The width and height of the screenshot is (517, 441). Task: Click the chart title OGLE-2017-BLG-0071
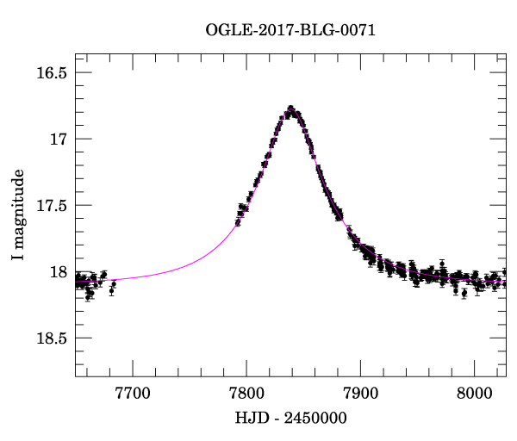(x=290, y=30)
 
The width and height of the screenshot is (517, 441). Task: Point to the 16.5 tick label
(x=51, y=72)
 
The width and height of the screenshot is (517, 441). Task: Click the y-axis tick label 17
(x=59, y=139)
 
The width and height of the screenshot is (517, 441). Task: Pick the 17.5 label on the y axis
(x=51, y=206)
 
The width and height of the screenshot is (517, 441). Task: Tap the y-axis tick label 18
(x=59, y=272)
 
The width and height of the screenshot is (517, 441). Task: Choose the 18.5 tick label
(x=51, y=339)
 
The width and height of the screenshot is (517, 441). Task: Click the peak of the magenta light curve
(x=291, y=109)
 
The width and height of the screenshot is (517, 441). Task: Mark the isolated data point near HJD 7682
(x=113, y=283)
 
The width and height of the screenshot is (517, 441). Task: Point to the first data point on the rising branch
(x=238, y=222)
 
